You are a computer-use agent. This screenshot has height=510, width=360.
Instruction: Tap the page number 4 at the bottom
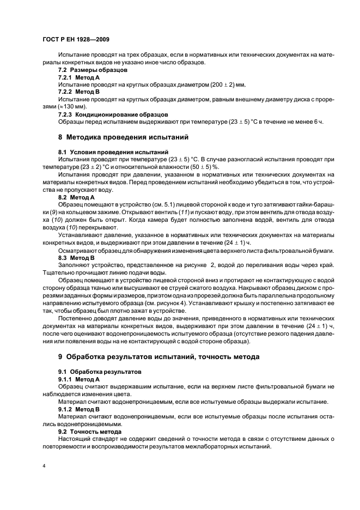point(44,466)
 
